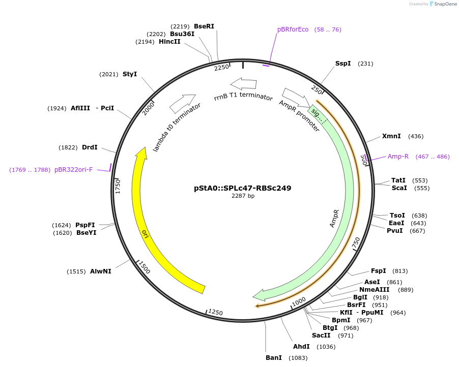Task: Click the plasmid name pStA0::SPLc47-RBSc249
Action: pyautogui.click(x=243, y=188)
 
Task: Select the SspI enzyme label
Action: pyautogui.click(x=342, y=64)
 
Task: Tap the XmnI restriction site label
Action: pyautogui.click(x=391, y=136)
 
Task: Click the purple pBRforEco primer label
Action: pyautogui.click(x=293, y=29)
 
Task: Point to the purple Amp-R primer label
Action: pyautogui.click(x=398, y=157)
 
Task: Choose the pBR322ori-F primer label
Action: pyautogui.click(x=74, y=170)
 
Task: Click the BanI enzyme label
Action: pyautogui.click(x=274, y=358)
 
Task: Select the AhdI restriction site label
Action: pyautogui.click(x=301, y=347)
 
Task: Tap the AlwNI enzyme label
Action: pyautogui.click(x=101, y=271)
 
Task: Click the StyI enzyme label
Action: pyautogui.click(x=130, y=74)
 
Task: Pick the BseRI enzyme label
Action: pyautogui.click(x=204, y=26)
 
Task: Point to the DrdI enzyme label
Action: pyautogui.click(x=90, y=147)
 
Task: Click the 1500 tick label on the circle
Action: pyautogui.click(x=144, y=268)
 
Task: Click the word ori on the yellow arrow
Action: pyautogui.click(x=145, y=234)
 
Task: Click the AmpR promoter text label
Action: pyautogui.click(x=299, y=116)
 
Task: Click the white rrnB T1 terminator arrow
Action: pyautogui.click(x=243, y=83)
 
